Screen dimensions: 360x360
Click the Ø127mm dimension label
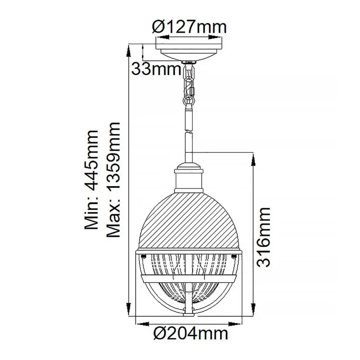(189, 27)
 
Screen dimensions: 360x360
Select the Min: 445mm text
(91, 180)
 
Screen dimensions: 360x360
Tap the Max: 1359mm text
(113, 180)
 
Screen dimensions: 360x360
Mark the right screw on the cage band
(234, 256)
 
